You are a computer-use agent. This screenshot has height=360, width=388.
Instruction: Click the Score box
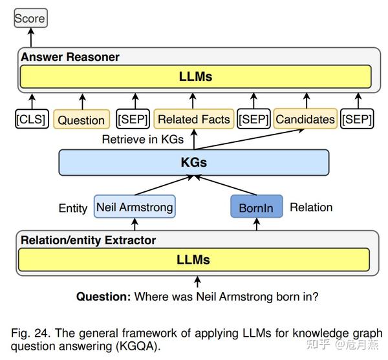[30, 19]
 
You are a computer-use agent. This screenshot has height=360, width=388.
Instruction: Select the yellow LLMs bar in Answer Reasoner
[195, 78]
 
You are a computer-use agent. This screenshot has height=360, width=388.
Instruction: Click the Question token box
[81, 120]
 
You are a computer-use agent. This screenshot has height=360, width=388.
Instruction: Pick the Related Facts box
[193, 119]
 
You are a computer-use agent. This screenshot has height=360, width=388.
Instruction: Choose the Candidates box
[305, 119]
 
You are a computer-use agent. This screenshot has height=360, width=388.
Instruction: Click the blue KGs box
[194, 162]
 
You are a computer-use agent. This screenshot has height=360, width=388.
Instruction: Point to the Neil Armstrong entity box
[135, 207]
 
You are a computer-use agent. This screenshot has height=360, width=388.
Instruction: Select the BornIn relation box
[257, 208]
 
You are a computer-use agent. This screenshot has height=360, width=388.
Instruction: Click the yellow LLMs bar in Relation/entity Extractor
[194, 260]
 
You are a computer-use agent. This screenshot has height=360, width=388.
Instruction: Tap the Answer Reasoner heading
[70, 57]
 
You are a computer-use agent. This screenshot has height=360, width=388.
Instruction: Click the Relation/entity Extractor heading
[88, 240]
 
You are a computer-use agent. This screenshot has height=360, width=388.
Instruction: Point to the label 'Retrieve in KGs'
[143, 139]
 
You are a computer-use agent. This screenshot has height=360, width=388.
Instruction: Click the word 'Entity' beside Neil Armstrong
[72, 208]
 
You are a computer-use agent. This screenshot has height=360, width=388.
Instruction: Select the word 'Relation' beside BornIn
[311, 207]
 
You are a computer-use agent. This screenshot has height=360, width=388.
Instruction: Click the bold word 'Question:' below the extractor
[103, 297]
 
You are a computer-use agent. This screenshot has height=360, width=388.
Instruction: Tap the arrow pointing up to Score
[30, 37]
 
